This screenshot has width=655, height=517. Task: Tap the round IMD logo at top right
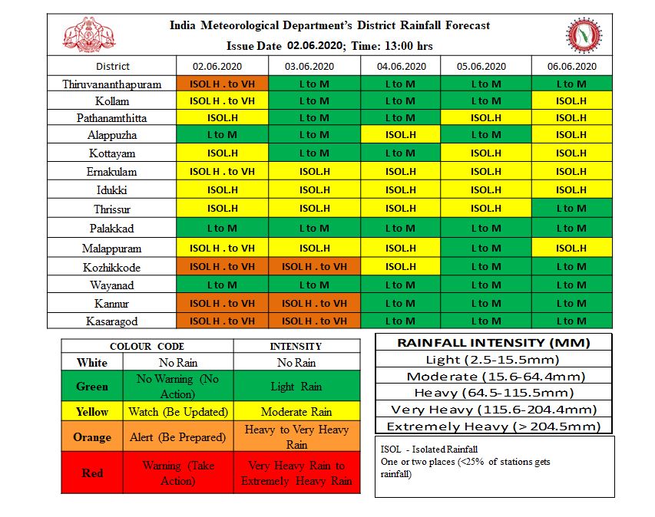coord(584,35)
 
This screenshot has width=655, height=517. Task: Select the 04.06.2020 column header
coord(400,66)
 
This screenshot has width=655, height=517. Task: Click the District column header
coord(113,66)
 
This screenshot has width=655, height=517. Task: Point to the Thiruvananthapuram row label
coord(113,84)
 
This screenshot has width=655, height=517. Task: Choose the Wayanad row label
coord(113,285)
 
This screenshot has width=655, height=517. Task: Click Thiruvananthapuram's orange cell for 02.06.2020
coord(222,84)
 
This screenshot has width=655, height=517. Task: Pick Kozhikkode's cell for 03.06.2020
coord(314,266)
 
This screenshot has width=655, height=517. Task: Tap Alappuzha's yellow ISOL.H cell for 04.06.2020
coord(400,135)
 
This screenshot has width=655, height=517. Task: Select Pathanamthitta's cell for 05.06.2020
coord(485,117)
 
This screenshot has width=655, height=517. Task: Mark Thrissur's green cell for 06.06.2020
coord(571,208)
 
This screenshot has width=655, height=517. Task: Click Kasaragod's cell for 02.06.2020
coord(222,321)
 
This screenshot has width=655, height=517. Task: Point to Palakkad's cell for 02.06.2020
coord(222,228)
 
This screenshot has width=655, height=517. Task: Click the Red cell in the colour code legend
coord(92,473)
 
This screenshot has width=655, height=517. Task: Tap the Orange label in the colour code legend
coord(92,437)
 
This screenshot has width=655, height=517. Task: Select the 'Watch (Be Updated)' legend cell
coord(178,412)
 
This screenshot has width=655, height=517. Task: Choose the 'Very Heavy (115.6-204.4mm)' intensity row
coord(493,410)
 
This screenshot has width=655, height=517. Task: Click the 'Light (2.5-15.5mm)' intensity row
coord(493,359)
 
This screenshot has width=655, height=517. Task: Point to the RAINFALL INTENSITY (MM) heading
coord(493,342)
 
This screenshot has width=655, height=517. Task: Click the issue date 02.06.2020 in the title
coord(315,46)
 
